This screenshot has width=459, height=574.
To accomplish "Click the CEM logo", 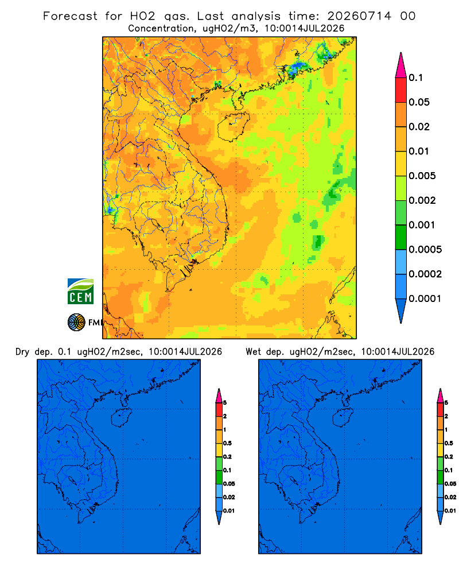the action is pyautogui.click(x=80, y=291).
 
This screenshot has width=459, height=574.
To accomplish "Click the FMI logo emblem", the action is pyautogui.click(x=76, y=323).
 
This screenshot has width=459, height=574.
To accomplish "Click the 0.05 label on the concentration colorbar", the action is pyautogui.click(x=419, y=102).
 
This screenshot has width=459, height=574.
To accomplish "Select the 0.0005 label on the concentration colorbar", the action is pyautogui.click(x=425, y=250).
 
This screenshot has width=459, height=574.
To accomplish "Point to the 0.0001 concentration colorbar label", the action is pyautogui.click(x=425, y=298).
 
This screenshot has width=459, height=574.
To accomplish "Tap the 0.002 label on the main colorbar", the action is pyautogui.click(x=422, y=200).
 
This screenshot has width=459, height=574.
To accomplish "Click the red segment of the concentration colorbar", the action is pyautogui.click(x=401, y=90).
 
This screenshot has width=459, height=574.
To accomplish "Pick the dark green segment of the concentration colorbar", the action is pyautogui.click(x=401, y=237).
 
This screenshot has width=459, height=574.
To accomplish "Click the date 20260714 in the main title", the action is pyautogui.click(x=359, y=16).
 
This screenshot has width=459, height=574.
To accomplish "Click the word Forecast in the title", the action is pyautogui.click(x=70, y=16).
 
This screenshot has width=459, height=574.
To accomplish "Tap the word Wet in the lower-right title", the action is pyautogui.click(x=253, y=352).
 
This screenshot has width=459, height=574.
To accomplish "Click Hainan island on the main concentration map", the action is pyautogui.click(x=233, y=126).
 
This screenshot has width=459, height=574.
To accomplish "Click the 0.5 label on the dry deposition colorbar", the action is pyautogui.click(x=227, y=443).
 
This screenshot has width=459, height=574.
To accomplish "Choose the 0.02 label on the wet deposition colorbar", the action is pyautogui.click(x=450, y=497).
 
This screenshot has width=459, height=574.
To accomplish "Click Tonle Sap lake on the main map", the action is pyautogui.click(x=157, y=224).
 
